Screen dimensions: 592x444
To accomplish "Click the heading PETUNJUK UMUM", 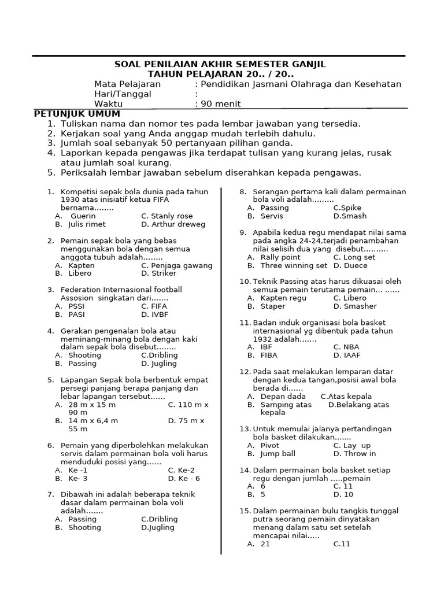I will tap(77, 113).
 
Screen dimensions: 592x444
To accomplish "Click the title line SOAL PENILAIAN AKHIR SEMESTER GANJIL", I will tap(220, 64).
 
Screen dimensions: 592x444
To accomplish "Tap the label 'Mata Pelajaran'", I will tap(127, 84).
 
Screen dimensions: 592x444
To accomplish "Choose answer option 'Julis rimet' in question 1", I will tap(87, 224).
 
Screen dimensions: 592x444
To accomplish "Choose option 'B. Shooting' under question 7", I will tap(84, 527).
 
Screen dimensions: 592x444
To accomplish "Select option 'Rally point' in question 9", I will tap(280, 257).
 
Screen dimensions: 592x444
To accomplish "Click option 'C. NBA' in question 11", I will tap(346, 347).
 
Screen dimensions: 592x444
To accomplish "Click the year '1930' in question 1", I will tap(71, 199).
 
